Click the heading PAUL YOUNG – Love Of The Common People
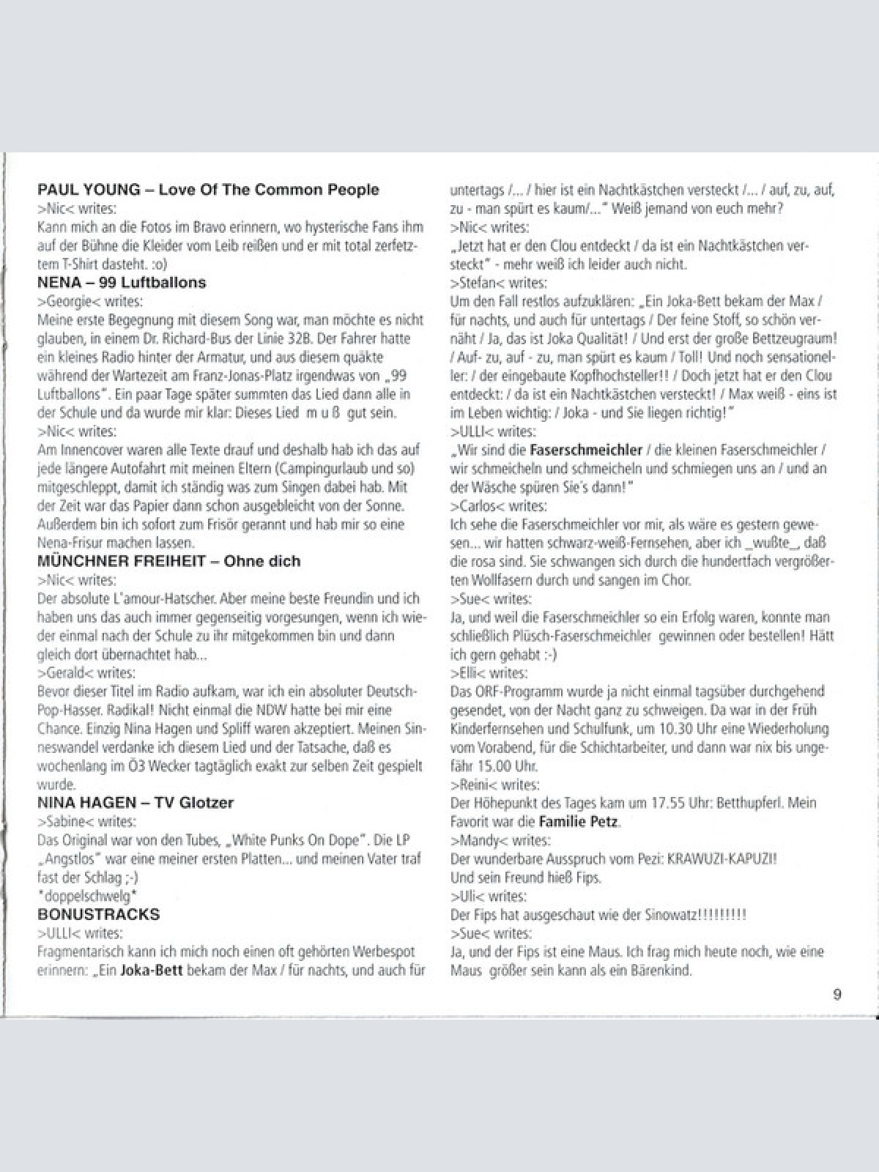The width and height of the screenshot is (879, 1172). point(208,190)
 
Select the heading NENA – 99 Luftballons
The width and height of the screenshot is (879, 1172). point(122,283)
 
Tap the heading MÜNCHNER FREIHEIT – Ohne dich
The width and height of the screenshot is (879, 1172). point(168,561)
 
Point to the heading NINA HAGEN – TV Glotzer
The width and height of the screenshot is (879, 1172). point(136,802)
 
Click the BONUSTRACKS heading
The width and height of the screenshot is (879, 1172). point(98,914)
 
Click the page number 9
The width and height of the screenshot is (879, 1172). point(837,994)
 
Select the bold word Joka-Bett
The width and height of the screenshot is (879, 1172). point(150,971)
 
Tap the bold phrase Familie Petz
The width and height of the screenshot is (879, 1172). point(579,821)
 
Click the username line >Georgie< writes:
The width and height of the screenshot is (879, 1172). point(90,301)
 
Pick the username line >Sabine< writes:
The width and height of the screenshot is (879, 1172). point(86,821)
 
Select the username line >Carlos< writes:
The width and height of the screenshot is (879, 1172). point(498,505)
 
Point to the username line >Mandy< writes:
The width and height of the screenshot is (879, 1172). point(500,840)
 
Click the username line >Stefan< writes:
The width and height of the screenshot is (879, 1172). point(498,283)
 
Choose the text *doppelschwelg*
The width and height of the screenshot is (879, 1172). point(87,896)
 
